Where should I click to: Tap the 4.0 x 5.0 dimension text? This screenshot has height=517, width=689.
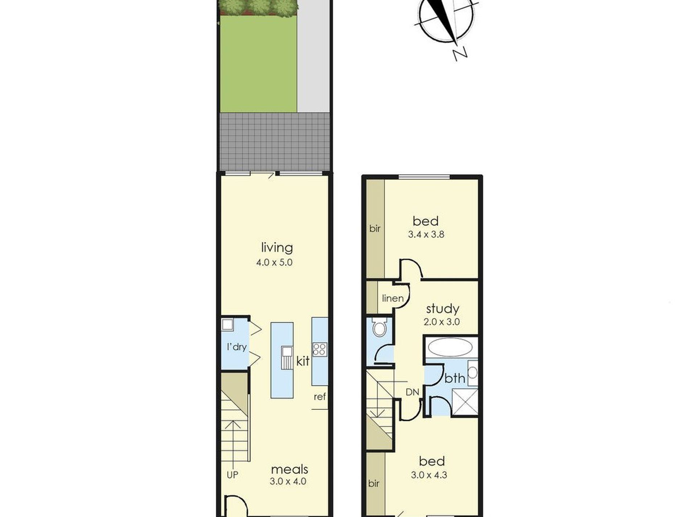(274, 262)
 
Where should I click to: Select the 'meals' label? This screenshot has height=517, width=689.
(289, 469)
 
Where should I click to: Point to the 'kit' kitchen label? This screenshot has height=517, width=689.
(303, 361)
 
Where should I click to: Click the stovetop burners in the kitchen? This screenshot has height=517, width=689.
(320, 349)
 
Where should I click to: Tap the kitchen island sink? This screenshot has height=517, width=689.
(287, 358)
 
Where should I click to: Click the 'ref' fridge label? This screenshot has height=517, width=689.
(319, 397)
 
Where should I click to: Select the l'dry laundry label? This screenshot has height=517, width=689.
(236, 347)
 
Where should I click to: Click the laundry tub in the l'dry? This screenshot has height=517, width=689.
(228, 324)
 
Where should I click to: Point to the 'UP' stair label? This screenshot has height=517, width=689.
(232, 475)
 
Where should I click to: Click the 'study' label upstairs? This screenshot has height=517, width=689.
(442, 309)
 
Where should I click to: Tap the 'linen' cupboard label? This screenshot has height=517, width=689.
(393, 298)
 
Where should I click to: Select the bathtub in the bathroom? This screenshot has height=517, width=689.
(450, 348)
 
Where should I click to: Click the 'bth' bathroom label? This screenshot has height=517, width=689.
(455, 378)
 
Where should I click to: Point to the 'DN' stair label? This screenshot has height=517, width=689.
(412, 392)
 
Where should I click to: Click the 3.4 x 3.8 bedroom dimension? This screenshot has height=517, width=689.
(426, 234)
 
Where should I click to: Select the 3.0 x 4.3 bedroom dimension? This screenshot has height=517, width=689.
(429, 475)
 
